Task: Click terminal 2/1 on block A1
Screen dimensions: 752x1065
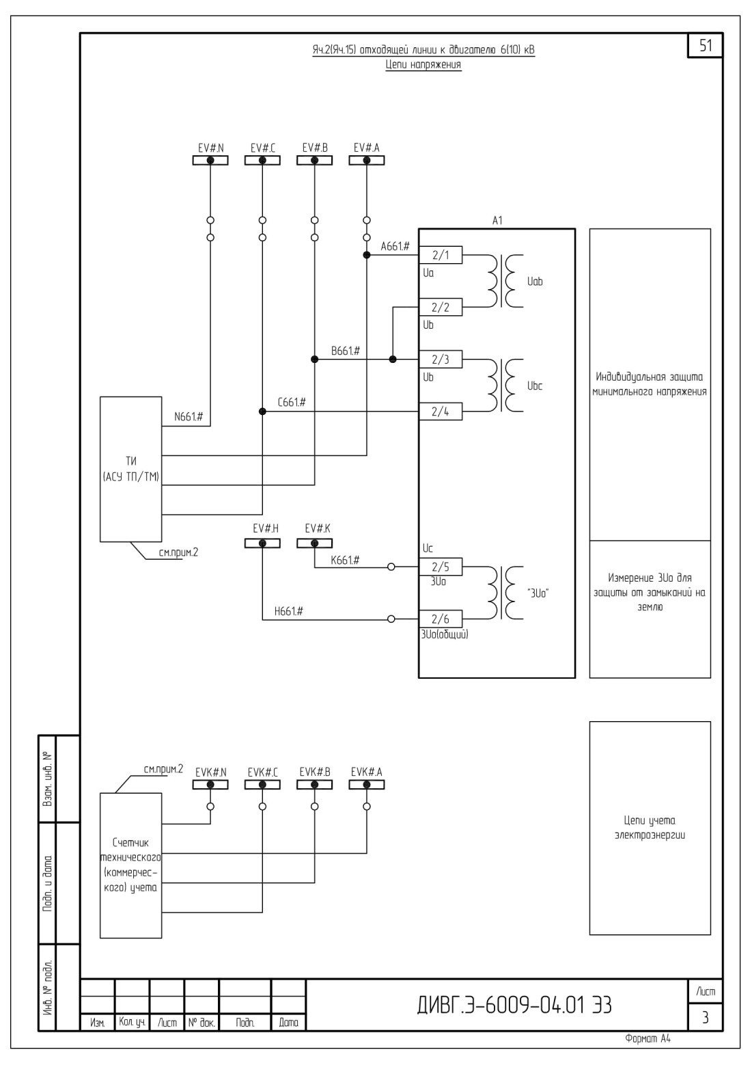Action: coord(441,255)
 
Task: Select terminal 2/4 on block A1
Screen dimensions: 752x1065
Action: coord(441,412)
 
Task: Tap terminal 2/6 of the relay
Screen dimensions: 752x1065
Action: coord(441,619)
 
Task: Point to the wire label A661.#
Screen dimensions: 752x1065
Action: coord(395,246)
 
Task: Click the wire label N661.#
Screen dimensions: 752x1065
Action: coord(189,417)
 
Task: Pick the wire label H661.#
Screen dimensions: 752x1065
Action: coord(289,611)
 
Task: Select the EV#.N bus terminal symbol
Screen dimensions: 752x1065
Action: coord(210,161)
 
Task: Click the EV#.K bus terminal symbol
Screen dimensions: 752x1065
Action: coord(314,543)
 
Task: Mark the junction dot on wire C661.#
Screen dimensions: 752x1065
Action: coord(262,412)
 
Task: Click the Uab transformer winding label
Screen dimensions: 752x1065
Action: coord(534,282)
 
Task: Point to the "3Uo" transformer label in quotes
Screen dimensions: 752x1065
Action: coord(538,593)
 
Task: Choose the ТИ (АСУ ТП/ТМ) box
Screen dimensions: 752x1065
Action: coord(130,469)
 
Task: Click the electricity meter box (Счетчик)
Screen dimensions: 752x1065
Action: coord(130,865)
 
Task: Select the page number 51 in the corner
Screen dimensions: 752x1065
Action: coord(706,46)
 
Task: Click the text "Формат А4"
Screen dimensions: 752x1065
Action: coord(648,1039)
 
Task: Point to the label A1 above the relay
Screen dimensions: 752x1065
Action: coord(497,220)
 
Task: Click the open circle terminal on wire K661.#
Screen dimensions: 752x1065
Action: coord(391,567)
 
